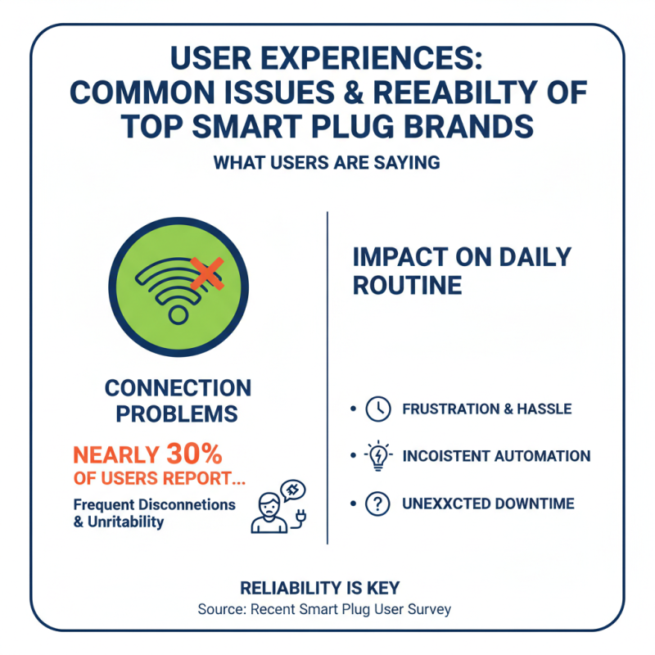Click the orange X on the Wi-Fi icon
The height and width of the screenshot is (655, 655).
pyautogui.click(x=206, y=273)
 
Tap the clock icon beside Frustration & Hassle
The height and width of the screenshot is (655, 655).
pyautogui.click(x=377, y=409)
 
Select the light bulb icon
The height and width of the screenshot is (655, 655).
pyautogui.click(x=377, y=457)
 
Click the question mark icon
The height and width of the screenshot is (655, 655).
pyautogui.click(x=377, y=504)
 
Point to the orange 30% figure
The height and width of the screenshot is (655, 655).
pyautogui.click(x=194, y=454)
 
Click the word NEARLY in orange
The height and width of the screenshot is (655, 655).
pyautogui.click(x=118, y=454)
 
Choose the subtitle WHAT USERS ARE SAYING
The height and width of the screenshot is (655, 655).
pyautogui.click(x=327, y=163)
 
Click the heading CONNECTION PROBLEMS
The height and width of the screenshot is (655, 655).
pyautogui.click(x=178, y=400)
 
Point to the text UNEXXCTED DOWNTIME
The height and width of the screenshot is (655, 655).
pyautogui.click(x=488, y=504)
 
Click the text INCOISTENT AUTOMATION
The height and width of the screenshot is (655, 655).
pyautogui.click(x=496, y=457)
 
